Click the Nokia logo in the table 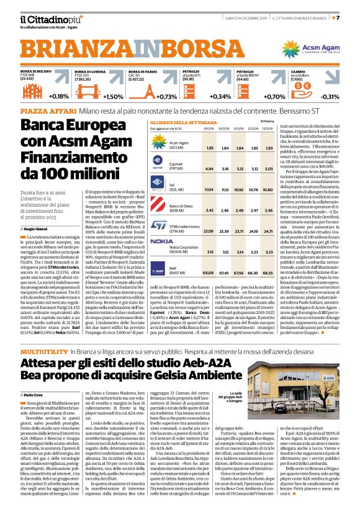[x=162, y=240]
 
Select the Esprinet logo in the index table [x=160, y=165]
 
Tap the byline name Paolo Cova [x=35, y=376]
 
